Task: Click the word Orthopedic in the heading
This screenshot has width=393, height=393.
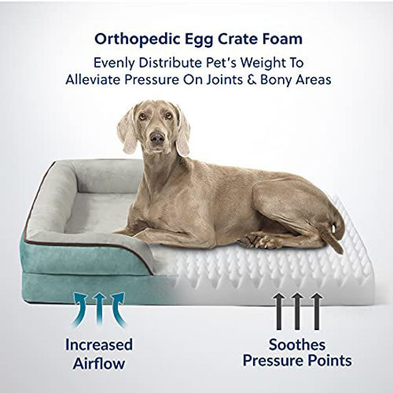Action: coord(126,38)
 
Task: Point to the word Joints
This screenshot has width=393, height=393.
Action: coord(240,80)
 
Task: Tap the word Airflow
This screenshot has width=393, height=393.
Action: coord(99,363)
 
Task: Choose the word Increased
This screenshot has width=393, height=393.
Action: coord(99,344)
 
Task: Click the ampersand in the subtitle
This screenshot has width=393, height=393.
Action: coord(265,80)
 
